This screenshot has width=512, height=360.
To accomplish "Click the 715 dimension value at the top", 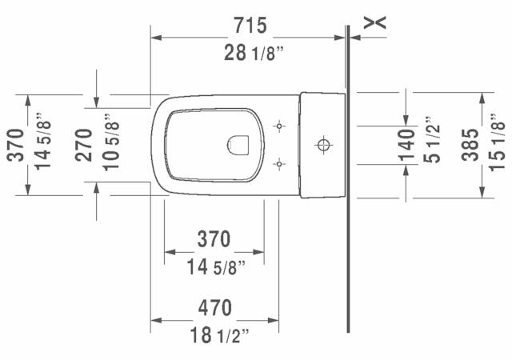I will click(x=250, y=26).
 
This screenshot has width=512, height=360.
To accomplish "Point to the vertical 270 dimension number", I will click(x=84, y=145).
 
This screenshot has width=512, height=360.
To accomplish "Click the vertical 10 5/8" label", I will click(x=110, y=145).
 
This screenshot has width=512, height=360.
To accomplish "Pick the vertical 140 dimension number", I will click(x=407, y=145).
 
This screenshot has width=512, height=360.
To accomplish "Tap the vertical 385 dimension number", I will click(x=471, y=145).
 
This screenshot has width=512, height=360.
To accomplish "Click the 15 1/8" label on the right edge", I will click(x=497, y=145).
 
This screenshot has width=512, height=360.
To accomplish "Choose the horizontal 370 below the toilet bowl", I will click(x=214, y=238).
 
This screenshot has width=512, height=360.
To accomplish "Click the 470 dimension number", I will click(x=214, y=307).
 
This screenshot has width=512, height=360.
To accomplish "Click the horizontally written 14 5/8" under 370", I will click(x=214, y=266).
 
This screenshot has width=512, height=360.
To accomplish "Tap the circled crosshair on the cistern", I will click(x=323, y=145).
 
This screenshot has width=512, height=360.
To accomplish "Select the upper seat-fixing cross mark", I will click(x=279, y=126).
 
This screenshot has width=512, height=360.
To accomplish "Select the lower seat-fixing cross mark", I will click(x=279, y=165).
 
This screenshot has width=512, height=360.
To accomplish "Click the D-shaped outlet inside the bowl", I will click(x=238, y=145).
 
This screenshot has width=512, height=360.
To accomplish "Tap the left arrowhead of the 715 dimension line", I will click(x=157, y=37).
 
